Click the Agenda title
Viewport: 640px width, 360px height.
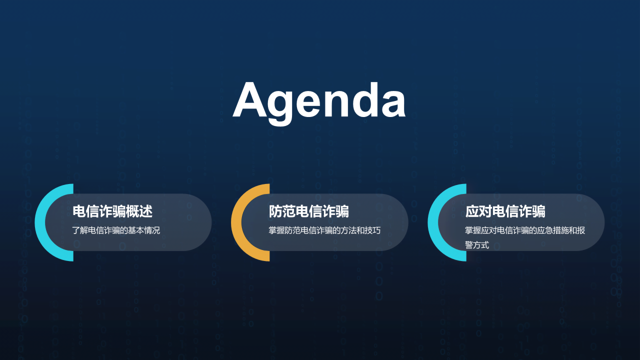point(319,100)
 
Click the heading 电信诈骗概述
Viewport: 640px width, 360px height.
point(112,211)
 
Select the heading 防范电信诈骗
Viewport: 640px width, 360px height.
point(308,211)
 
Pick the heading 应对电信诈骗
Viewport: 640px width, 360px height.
point(505,211)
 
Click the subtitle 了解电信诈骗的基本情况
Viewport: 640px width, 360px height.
point(116,230)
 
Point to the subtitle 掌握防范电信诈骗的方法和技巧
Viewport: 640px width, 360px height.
point(324,230)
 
